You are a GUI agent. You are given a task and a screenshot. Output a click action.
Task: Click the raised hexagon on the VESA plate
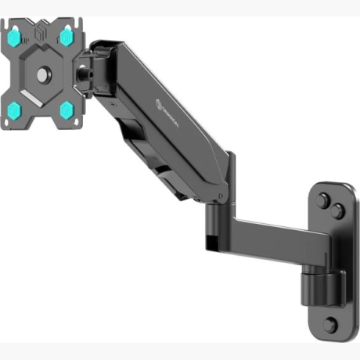41,72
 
